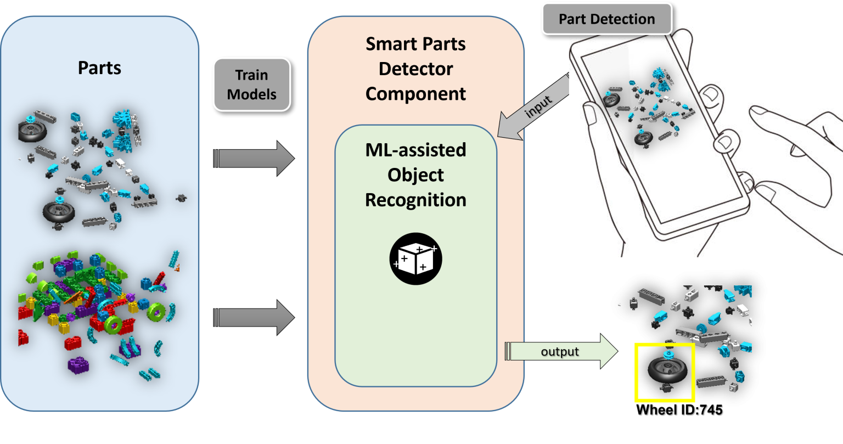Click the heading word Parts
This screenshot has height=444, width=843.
(99, 68)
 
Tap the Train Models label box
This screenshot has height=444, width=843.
(251, 85)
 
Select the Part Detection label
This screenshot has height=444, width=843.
(606, 19)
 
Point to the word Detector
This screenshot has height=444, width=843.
(415, 69)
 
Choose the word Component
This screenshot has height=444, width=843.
(415, 94)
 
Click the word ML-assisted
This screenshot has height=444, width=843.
(415, 150)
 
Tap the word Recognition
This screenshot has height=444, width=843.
(415, 200)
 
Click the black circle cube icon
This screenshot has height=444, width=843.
(415, 258)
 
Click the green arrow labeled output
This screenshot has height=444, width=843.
(560, 352)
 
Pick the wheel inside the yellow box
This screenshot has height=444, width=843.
(664, 371)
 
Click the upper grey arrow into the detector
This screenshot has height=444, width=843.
(254, 158)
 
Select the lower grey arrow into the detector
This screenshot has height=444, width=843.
(254, 317)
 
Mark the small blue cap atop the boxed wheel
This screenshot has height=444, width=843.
(668, 354)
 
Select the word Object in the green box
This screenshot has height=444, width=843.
(415, 175)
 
